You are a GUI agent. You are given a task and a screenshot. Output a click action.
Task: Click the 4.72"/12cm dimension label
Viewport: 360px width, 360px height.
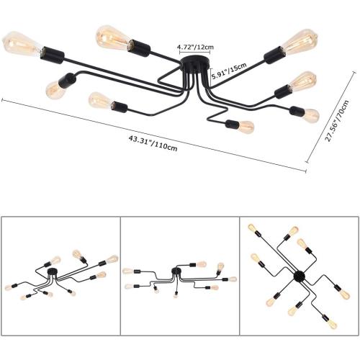click(195, 47)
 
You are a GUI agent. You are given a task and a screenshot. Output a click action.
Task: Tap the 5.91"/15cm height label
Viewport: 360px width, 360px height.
click(229, 71)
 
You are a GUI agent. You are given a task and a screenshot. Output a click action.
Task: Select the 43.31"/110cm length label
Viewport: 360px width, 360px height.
click(153, 143)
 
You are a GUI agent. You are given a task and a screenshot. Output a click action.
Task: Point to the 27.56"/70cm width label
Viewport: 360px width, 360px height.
click(337, 121)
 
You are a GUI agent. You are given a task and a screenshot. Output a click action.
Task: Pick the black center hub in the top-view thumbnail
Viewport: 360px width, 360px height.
click(300, 276)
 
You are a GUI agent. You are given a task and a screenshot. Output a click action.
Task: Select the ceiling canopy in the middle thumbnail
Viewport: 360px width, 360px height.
click(176, 271)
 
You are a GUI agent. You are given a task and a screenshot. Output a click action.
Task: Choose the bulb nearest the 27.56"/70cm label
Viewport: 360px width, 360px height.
click(311, 115)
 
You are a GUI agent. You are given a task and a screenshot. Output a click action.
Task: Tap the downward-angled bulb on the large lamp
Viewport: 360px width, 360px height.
click(55, 90)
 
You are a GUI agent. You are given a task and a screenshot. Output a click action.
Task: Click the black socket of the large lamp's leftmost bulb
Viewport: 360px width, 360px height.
click(52, 55)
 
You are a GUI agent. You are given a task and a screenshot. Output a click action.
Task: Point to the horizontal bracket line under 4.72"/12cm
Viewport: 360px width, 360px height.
click(195, 53)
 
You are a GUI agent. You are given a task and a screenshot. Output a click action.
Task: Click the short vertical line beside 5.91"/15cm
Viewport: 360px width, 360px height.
click(210, 76)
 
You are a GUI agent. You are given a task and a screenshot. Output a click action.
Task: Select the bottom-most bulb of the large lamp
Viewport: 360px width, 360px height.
click(246, 127)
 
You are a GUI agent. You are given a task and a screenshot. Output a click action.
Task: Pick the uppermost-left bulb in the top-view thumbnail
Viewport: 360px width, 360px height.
click(252, 227)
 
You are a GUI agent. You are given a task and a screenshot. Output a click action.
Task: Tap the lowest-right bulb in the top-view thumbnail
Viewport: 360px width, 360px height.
click(333, 325)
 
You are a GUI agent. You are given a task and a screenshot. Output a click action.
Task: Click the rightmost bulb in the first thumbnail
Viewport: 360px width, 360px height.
click(112, 259)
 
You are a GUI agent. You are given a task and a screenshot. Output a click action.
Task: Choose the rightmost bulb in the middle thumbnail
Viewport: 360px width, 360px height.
click(233, 279)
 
